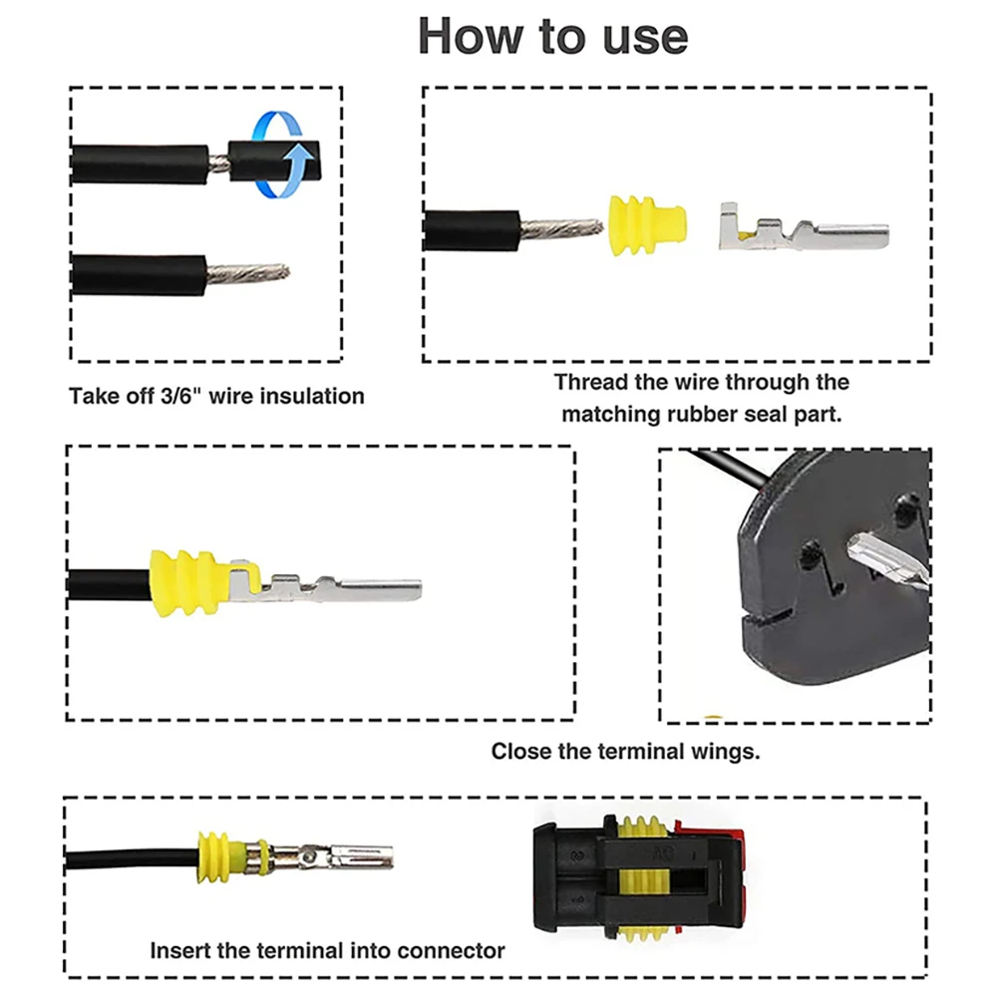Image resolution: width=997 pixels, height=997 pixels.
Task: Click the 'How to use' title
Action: [x=552, y=36]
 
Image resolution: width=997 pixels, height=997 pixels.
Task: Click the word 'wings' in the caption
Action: [x=731, y=752]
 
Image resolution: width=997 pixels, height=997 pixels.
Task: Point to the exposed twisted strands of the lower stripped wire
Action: [x=247, y=274]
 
